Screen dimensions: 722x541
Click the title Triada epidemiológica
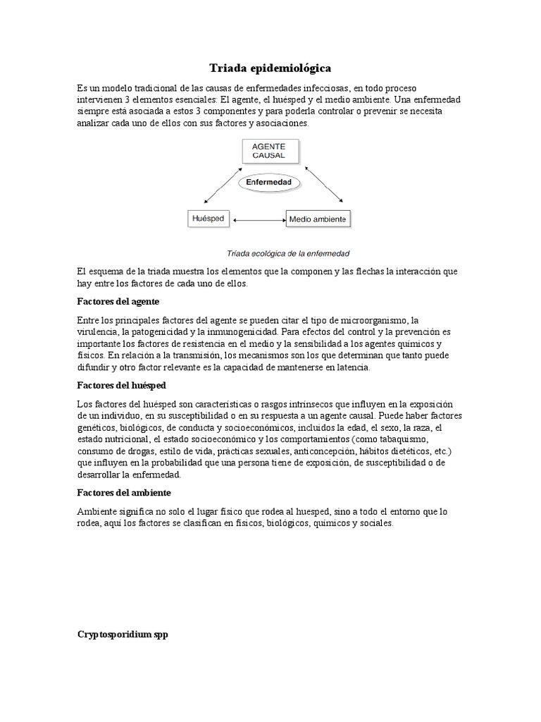pos(270,68)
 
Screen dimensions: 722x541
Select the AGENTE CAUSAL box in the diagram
pos(270,152)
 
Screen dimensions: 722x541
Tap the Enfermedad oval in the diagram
pos(269,183)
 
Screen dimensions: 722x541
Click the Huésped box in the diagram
pos(208,219)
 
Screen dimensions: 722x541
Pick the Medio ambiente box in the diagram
pos(317,219)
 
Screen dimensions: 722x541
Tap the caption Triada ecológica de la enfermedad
pos(288,252)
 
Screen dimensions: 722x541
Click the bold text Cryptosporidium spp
pos(123,615)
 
